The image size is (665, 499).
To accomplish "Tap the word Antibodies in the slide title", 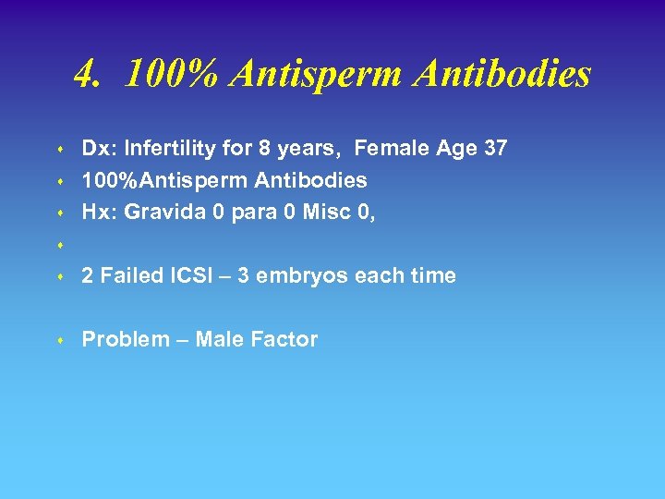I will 502,74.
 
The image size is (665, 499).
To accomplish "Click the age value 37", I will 494,148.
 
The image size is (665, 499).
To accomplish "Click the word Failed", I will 129,275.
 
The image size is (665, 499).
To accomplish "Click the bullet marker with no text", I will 58,245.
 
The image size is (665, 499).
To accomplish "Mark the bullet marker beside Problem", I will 58,341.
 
